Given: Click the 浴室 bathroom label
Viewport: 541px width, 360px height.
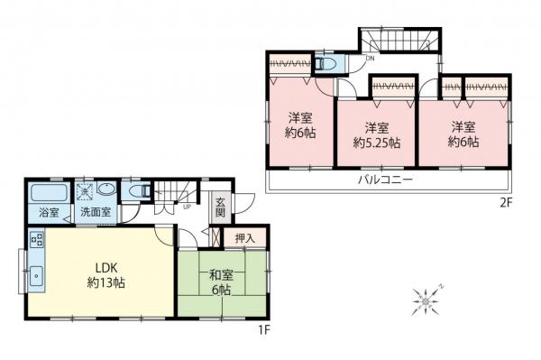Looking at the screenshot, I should pyautogui.click(x=48, y=213).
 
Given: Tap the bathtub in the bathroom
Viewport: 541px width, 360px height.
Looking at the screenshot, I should pyautogui.click(x=48, y=193).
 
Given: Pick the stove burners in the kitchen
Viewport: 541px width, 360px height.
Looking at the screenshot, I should pyautogui.click(x=37, y=241).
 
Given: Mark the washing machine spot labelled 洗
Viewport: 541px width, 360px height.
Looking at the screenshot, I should pyautogui.click(x=83, y=191).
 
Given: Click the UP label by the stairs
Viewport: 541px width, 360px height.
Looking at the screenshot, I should pyautogui.click(x=186, y=207).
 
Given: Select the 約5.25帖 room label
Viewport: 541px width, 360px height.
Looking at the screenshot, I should pyautogui.click(x=376, y=135).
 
